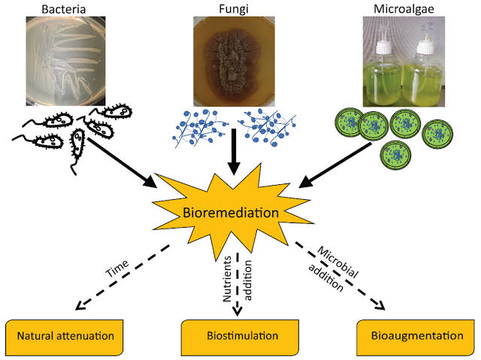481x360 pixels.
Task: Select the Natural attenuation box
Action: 65,335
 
